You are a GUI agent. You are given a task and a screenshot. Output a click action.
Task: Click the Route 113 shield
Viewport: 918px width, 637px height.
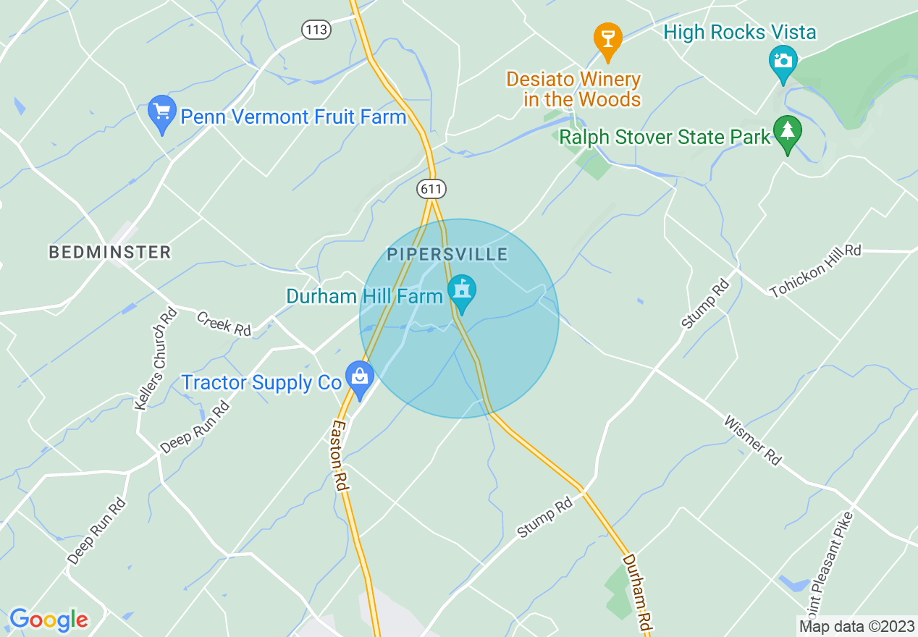(316, 30)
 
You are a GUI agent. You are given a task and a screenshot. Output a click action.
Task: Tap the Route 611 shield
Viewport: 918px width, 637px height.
(431, 189)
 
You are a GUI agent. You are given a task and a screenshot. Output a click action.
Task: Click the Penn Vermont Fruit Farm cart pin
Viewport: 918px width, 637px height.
(162, 113)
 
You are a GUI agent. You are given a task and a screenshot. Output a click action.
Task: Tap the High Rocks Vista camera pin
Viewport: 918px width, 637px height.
(783, 61)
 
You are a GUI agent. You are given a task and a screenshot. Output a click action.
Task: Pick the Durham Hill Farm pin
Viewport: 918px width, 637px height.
(461, 292)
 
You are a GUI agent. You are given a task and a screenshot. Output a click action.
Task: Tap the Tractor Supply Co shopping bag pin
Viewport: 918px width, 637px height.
(359, 377)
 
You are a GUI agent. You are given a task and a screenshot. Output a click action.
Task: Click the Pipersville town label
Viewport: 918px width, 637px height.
(447, 254)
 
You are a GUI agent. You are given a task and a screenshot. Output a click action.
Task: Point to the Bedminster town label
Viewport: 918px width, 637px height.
(110, 252)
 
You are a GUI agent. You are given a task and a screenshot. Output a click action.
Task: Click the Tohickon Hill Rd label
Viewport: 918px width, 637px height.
(815, 271)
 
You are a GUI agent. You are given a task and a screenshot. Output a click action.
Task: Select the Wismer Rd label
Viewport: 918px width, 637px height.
(753, 440)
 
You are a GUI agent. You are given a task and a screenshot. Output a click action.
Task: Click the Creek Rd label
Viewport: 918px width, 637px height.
(224, 324)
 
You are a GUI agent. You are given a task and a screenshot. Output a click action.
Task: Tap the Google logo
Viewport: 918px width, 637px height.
(49, 619)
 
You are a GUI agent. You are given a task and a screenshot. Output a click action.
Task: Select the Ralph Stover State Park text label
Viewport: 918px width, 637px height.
(665, 137)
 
